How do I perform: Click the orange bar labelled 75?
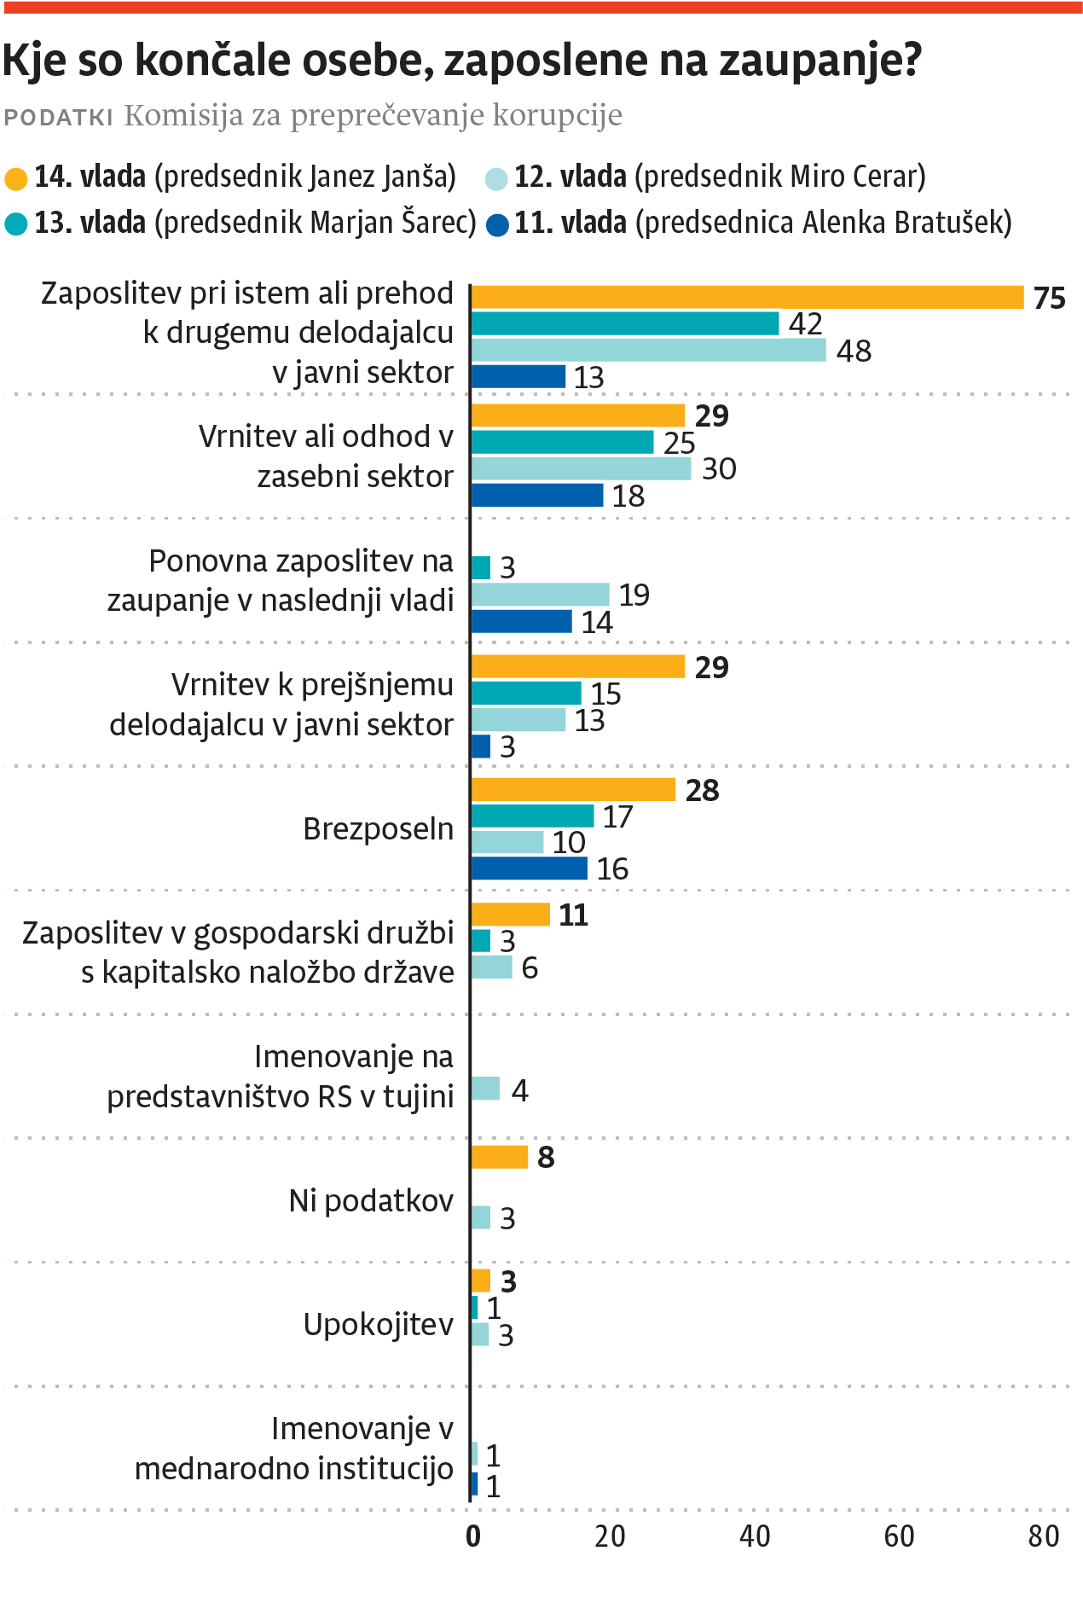pyautogui.click(x=747, y=297)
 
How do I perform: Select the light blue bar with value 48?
pyautogui.click(x=648, y=350)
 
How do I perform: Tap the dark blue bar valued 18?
pyautogui.click(x=537, y=495)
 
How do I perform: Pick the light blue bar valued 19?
pyautogui.click(x=541, y=595)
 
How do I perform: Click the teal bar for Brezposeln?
pyautogui.click(x=532, y=816)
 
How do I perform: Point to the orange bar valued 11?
pyautogui.click(x=510, y=915)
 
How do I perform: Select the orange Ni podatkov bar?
pyautogui.click(x=500, y=1157)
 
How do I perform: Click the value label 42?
pyautogui.click(x=805, y=324)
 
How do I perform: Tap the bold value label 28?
pyautogui.click(x=702, y=790)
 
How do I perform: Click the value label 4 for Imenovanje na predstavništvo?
pyautogui.click(x=519, y=1089)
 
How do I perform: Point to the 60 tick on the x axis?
pyautogui.click(x=899, y=1536)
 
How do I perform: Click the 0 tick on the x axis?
pyautogui.click(x=473, y=1536)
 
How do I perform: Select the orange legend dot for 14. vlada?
pyautogui.click(x=16, y=179)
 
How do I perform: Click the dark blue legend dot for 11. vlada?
pyautogui.click(x=497, y=225)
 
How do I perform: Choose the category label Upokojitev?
pyautogui.click(x=378, y=1324)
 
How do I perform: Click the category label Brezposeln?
pyautogui.click(x=378, y=828)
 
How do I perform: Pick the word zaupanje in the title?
pyautogui.click(x=819, y=60)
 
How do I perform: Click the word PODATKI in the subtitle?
pyautogui.click(x=59, y=117)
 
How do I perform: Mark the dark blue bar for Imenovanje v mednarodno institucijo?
pyautogui.click(x=475, y=1484)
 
